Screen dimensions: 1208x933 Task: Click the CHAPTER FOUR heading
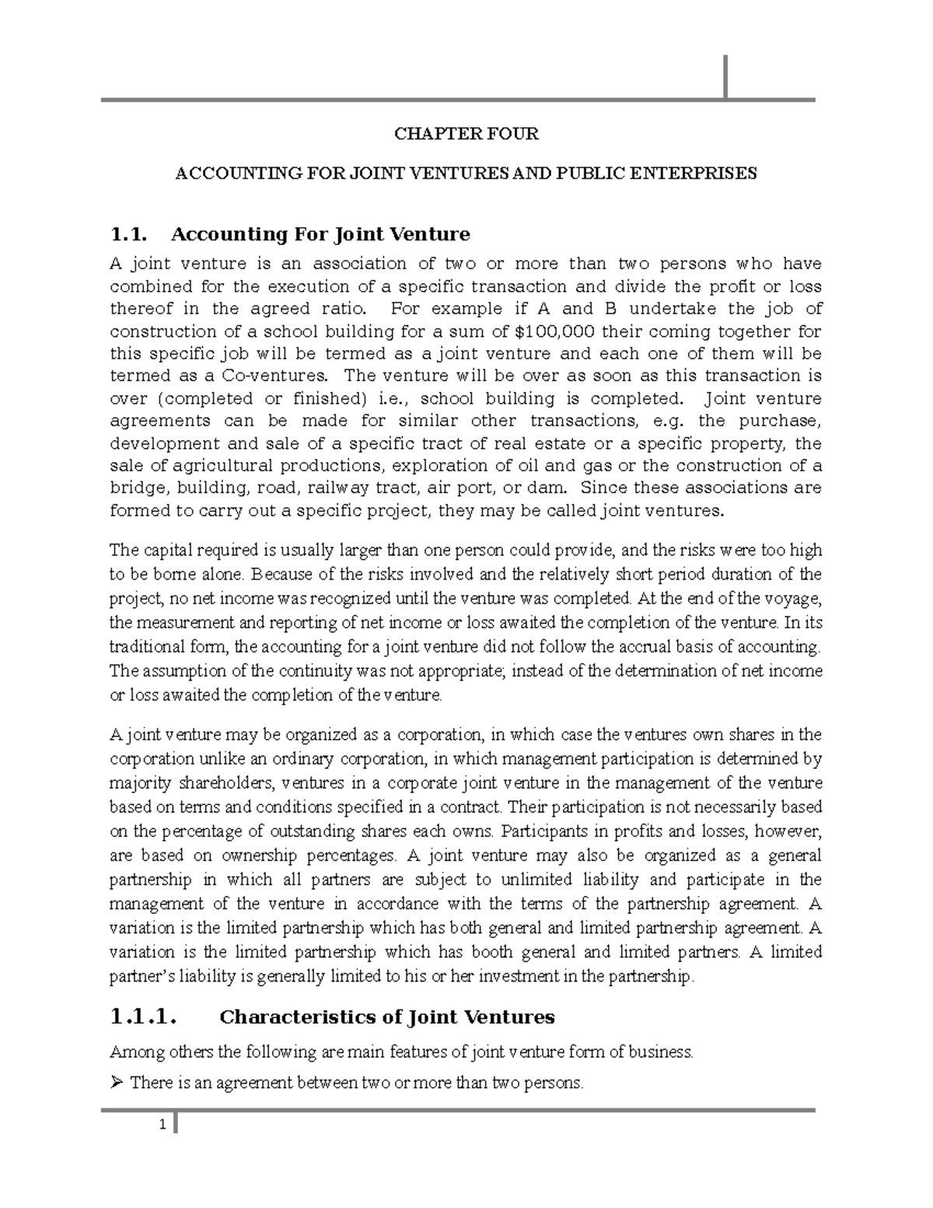click(466, 134)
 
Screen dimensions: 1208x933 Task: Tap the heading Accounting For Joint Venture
click(320, 234)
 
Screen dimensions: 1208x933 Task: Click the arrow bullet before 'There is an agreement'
click(117, 1082)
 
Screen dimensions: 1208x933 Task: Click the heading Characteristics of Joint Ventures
click(387, 1017)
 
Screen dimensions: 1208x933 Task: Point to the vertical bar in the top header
click(725, 77)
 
